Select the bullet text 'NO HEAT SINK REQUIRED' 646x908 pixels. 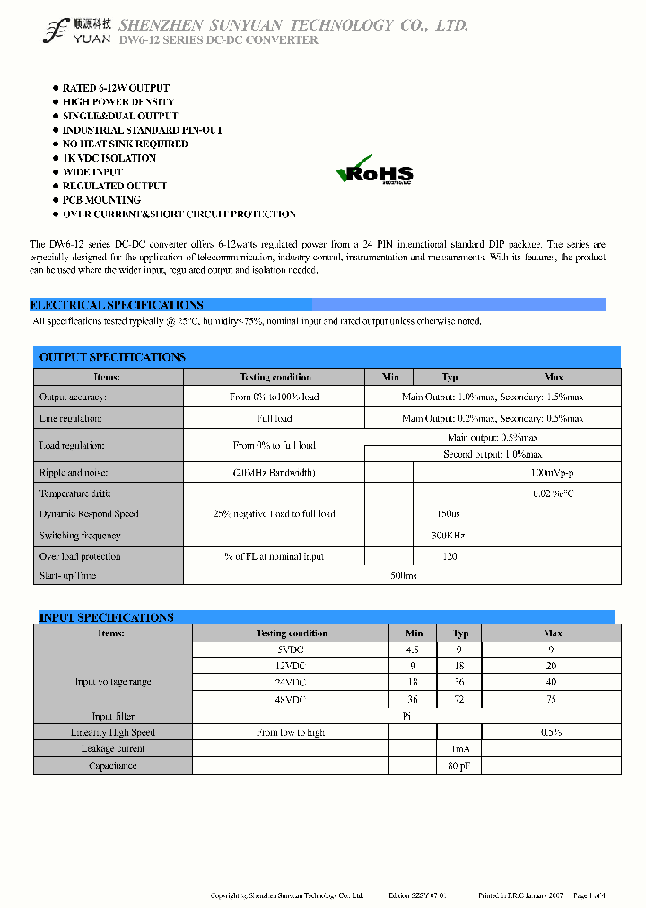tap(125, 144)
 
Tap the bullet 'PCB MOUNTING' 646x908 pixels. tap(101, 200)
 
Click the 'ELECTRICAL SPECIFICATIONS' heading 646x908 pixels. tap(117, 305)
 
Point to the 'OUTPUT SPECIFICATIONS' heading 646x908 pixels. tap(112, 357)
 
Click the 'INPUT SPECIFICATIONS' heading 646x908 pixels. tap(106, 617)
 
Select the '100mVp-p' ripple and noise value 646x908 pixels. tap(553, 472)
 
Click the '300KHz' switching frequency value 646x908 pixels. tap(449, 536)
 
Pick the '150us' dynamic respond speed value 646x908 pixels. tap(448, 514)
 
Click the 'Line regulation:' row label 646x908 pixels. tap(71, 418)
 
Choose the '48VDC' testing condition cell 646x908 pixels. tap(291, 699)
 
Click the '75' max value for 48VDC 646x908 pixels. tap(551, 699)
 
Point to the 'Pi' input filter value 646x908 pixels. tap(406, 716)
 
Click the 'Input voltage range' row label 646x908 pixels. tap(113, 682)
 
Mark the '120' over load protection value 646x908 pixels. tap(450, 556)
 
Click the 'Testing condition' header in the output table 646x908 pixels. tap(275, 378)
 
